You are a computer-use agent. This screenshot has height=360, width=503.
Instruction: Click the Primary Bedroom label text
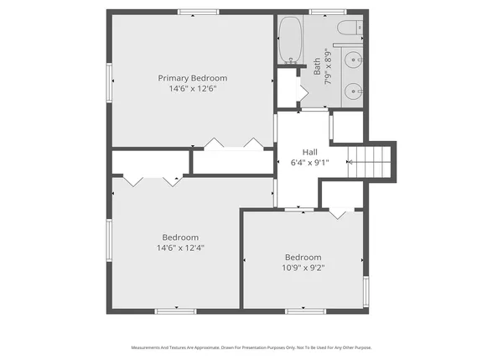193,78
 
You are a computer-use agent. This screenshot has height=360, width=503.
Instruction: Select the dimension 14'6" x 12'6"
193,89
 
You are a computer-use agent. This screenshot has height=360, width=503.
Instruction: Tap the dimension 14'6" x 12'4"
180,248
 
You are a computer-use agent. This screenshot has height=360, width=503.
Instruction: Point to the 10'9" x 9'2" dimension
303,268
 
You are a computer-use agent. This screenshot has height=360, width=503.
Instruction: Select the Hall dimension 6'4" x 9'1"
309,162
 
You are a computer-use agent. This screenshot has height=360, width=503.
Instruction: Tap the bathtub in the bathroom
291,40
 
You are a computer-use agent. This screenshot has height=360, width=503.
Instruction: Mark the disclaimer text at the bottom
251,347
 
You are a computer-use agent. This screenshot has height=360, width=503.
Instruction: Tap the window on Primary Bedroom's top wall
199,12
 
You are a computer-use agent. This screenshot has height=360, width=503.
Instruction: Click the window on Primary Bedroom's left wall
108,85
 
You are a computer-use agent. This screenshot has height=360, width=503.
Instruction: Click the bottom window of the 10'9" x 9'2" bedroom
305,311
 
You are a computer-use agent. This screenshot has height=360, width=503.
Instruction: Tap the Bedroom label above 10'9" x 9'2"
303,257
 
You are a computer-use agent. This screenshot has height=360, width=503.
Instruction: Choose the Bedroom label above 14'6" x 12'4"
180,237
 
